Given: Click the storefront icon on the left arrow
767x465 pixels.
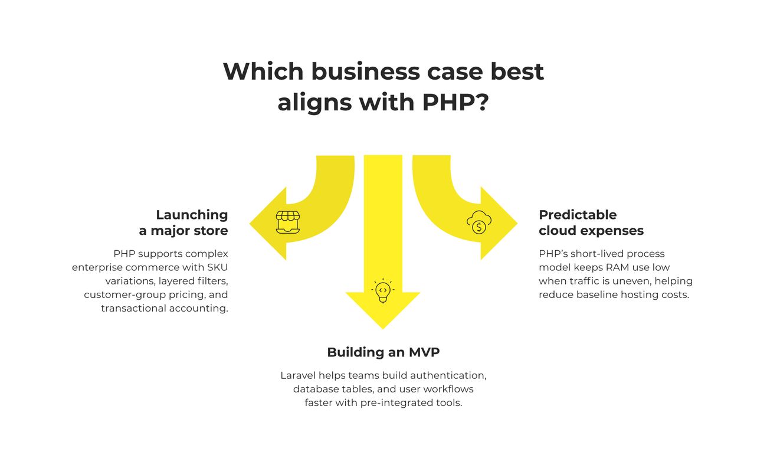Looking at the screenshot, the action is (x=288, y=222).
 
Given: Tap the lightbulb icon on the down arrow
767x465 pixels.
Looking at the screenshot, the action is (x=383, y=290).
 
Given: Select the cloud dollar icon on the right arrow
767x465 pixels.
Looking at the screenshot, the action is (x=479, y=222).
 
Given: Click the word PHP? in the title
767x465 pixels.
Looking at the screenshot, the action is (x=455, y=102).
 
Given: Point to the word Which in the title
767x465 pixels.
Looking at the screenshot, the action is (x=263, y=71).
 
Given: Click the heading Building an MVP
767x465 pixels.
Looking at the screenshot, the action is (x=383, y=352).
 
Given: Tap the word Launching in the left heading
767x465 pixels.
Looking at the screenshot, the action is (x=192, y=215).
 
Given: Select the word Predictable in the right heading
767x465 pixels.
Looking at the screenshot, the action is (x=578, y=215).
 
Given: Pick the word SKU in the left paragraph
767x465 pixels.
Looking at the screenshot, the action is (x=218, y=267).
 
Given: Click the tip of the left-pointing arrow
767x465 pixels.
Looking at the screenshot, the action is (x=250, y=224).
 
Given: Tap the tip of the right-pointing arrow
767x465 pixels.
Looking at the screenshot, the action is (x=516, y=223).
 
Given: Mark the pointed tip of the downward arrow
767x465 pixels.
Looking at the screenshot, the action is (x=383, y=328).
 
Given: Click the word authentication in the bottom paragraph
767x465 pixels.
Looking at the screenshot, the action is (x=448, y=375).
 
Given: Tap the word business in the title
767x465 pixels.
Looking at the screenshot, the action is (x=365, y=71).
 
